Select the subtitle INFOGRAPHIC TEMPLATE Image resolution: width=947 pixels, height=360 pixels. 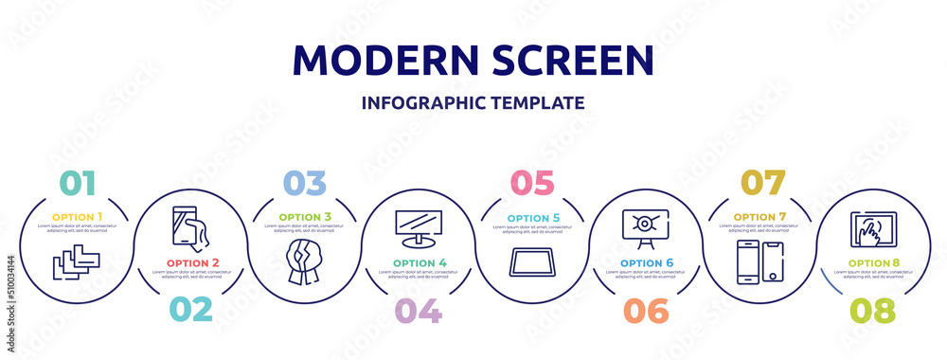[x=473, y=102]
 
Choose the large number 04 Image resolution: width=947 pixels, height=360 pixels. [x=417, y=309]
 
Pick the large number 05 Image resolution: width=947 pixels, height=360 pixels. [x=532, y=182]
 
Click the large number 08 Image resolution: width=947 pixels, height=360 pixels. [x=871, y=309]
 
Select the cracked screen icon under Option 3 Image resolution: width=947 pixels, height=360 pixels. [x=306, y=261]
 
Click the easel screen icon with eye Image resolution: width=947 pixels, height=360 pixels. [x=645, y=227]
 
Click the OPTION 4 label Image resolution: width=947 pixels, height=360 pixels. [x=419, y=262]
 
